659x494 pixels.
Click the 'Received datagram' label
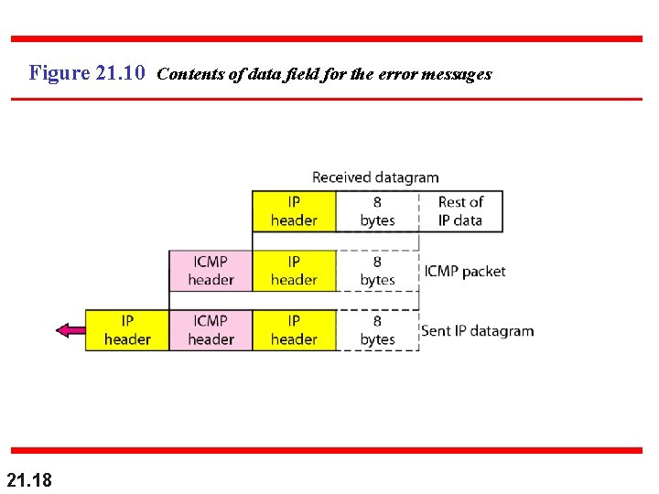(x=375, y=177)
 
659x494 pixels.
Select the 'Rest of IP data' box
(x=459, y=211)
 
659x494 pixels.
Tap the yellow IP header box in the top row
(x=294, y=211)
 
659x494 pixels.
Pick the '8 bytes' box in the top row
(x=377, y=211)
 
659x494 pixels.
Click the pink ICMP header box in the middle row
(x=211, y=271)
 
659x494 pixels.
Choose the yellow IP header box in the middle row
(x=294, y=271)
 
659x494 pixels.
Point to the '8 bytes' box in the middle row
(x=377, y=271)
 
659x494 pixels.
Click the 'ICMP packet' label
(x=464, y=272)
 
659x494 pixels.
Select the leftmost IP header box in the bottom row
(x=127, y=330)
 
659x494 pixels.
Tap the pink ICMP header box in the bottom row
(x=211, y=330)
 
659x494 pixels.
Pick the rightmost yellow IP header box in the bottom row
(x=294, y=330)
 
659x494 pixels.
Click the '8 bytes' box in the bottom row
(x=377, y=330)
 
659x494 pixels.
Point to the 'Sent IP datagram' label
(x=477, y=331)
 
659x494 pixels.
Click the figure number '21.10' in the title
(x=120, y=73)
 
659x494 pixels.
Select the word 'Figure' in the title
(x=59, y=73)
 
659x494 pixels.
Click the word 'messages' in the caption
(x=457, y=74)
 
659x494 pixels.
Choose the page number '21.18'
(x=29, y=479)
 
